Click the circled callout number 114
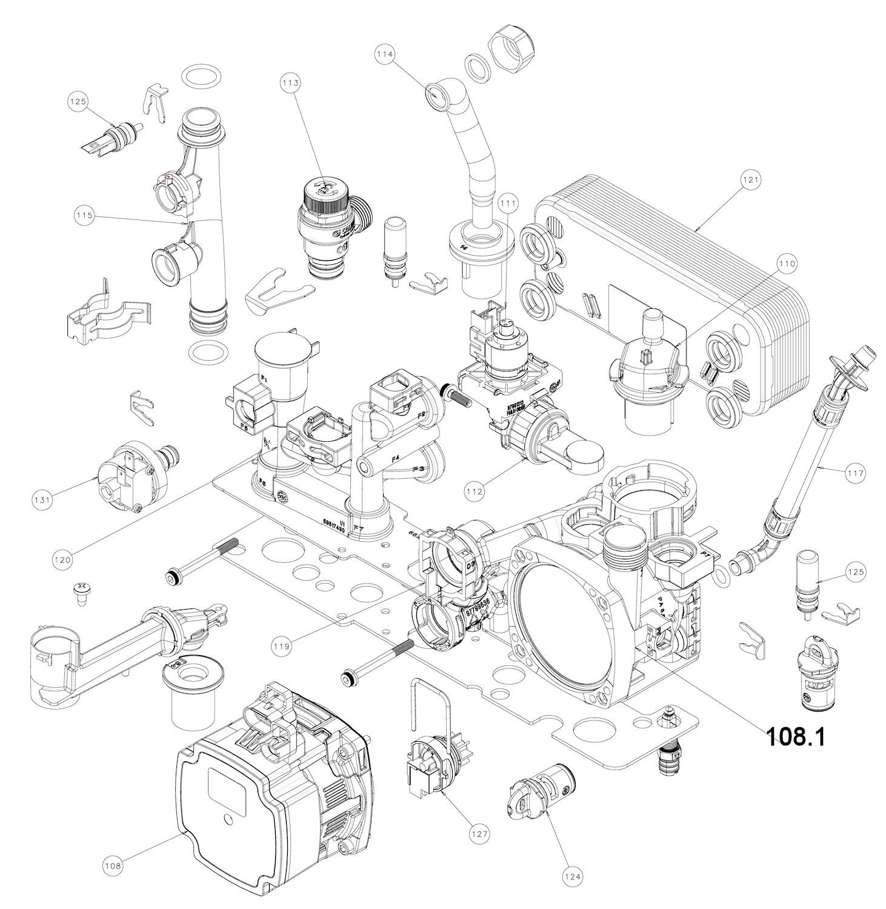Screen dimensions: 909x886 click(385, 54)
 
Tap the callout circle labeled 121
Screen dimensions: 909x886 click(750, 180)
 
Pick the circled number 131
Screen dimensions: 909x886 click(42, 499)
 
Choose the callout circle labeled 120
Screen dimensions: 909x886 click(62, 561)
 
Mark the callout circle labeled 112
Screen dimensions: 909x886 click(475, 491)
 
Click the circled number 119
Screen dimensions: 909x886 click(281, 647)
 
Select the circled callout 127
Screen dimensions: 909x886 click(479, 834)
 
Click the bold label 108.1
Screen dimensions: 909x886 click(796, 736)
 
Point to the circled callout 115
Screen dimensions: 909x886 click(84, 215)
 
